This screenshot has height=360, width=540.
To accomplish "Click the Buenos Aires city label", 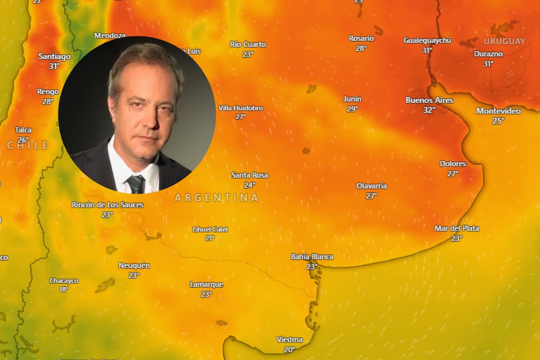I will [x=429, y=100].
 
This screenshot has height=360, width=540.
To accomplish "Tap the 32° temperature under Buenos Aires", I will [x=429, y=110].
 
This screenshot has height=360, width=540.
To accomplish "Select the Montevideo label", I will [x=498, y=111].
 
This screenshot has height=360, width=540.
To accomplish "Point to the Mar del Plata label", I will [x=457, y=229].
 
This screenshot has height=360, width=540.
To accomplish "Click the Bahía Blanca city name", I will [x=312, y=256].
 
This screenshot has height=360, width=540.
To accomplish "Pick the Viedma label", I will [x=289, y=339].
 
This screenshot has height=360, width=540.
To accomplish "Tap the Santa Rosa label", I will [x=250, y=175].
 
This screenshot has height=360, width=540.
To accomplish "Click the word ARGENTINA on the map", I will [x=216, y=198].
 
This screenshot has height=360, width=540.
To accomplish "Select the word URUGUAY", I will [x=504, y=41].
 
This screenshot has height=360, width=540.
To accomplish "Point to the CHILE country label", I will [x=27, y=145].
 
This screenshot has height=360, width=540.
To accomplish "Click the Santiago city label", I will [x=54, y=57].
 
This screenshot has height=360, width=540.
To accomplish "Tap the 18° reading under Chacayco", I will [x=64, y=289].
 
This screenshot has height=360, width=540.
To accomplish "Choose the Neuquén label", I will [x=134, y=265].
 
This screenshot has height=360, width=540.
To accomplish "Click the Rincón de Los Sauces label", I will [x=108, y=205].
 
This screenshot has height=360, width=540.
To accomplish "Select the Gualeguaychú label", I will [x=427, y=40].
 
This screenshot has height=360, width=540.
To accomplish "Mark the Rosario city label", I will [x=361, y=38].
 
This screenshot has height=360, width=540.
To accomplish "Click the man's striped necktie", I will [x=135, y=184].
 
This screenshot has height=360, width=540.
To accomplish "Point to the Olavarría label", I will [x=371, y=186].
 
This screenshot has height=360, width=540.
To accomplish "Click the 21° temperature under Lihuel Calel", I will [x=210, y=238].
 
